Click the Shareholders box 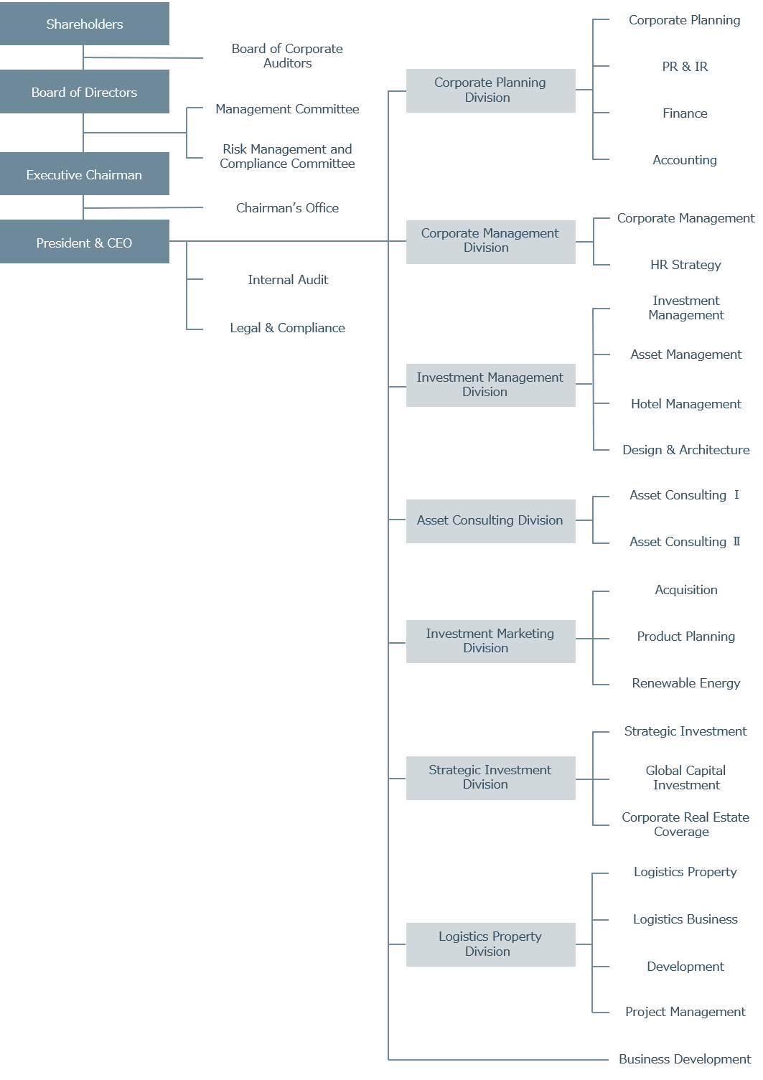[85, 24]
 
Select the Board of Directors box [85, 92]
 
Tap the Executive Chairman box [85, 174]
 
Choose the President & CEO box [85, 242]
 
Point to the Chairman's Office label [287, 208]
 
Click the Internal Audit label [288, 280]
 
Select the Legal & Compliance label [287, 328]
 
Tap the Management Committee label [287, 109]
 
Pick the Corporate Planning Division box [490, 90]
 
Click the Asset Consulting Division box [490, 521]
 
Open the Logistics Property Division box [490, 944]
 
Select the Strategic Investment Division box [490, 778]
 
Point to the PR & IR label [685, 67]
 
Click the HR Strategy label [685, 265]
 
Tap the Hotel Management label [685, 404]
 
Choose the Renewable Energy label [685, 683]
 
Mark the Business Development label [685, 1059]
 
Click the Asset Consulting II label [685, 542]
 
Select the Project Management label [685, 1012]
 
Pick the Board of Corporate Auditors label [287, 56]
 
